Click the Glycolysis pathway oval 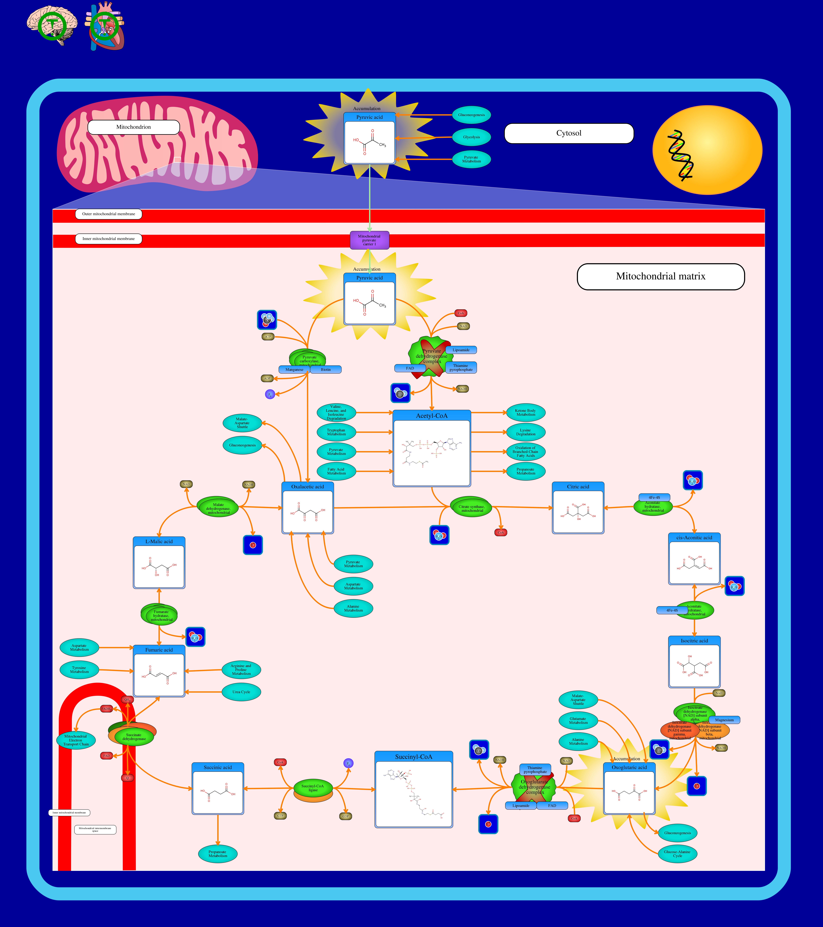(471, 137)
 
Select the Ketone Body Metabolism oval (525, 412)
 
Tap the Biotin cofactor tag (326, 370)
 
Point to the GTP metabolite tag (280, 816)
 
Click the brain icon (51, 25)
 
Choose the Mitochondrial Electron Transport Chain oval (76, 740)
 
